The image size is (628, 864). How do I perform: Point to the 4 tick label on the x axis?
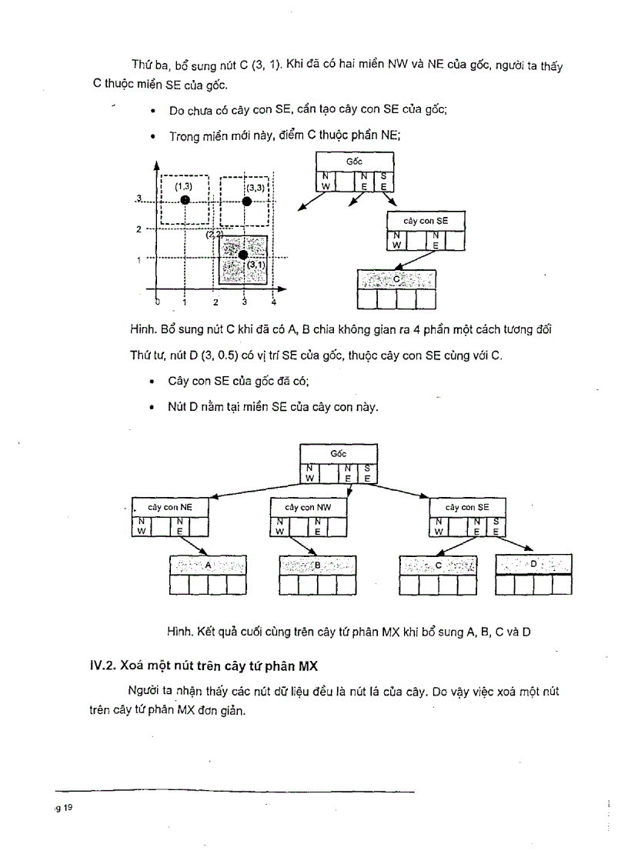pyautogui.click(x=273, y=302)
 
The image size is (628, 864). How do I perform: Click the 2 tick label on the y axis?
pyautogui.click(x=139, y=229)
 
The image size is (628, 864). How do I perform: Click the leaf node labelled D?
pyautogui.click(x=534, y=564)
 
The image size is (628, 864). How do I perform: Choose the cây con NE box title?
pyautogui.click(x=170, y=508)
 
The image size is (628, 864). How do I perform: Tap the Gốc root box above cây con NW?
pyautogui.click(x=338, y=454)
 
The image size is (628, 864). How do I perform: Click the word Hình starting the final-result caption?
pyautogui.click(x=179, y=632)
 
